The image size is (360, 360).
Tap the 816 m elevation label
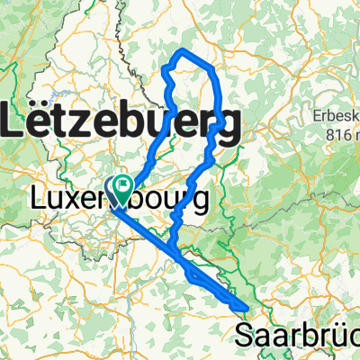[x=342, y=135]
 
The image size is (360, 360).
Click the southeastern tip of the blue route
[x=246, y=309]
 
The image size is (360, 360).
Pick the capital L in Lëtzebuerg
[x=15, y=120]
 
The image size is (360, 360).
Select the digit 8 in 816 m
[x=330, y=135]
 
